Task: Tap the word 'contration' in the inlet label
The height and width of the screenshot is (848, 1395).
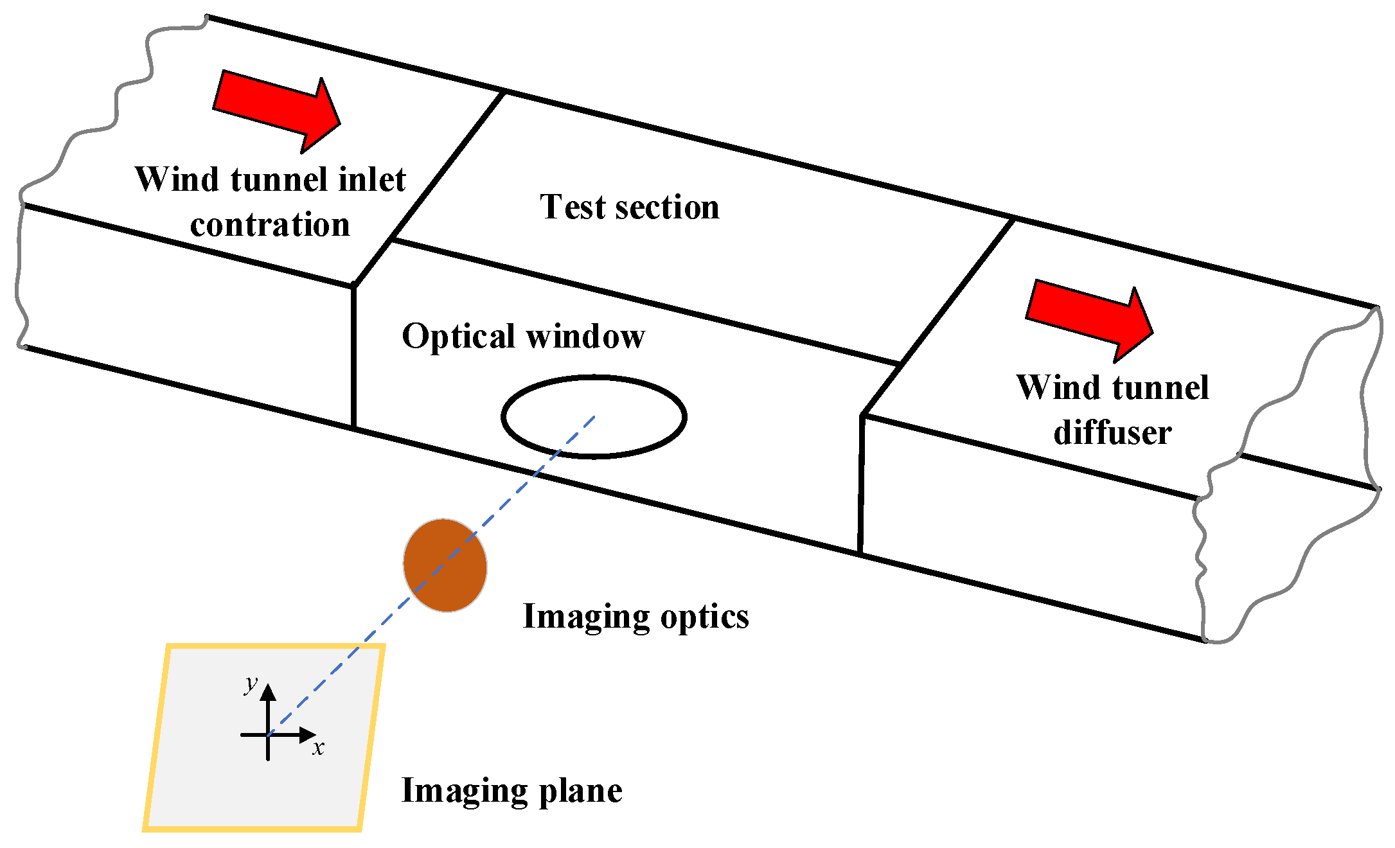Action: click(270, 225)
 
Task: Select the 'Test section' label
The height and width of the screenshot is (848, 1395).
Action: click(629, 207)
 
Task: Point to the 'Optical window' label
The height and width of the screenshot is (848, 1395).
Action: click(523, 336)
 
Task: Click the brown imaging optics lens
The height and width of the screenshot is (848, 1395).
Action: click(445, 565)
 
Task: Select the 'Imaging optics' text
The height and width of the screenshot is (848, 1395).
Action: click(635, 617)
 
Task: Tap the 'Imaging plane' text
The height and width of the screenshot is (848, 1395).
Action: click(511, 790)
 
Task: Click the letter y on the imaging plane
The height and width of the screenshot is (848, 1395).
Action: click(251, 684)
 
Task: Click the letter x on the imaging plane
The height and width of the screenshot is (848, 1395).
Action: click(318, 748)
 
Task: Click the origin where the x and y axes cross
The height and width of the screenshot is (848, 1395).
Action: click(269, 735)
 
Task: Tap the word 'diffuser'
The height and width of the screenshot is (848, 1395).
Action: click(1112, 432)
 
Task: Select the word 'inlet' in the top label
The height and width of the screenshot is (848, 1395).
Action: click(371, 179)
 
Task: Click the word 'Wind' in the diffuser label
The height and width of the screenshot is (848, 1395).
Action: click(1049, 387)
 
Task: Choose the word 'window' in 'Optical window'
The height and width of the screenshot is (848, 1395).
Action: click(585, 336)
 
